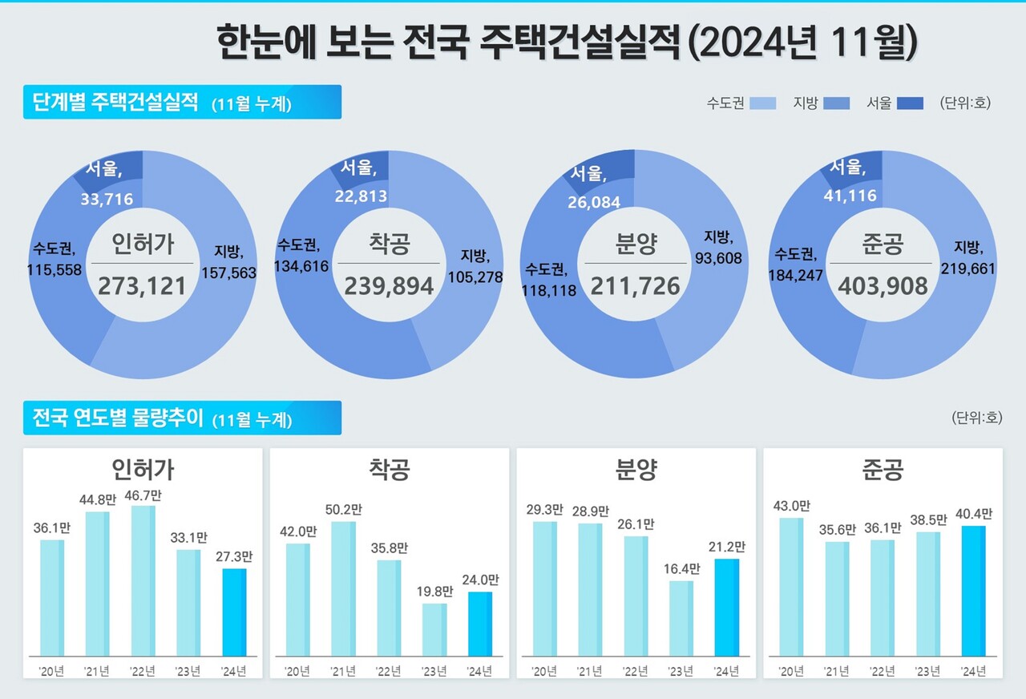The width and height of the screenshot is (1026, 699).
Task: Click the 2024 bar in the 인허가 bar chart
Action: point(234,612)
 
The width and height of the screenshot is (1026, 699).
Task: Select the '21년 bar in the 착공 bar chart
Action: point(343,589)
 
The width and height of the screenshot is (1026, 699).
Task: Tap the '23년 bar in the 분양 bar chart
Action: point(681,618)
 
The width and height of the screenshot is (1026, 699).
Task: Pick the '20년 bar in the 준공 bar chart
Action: point(790,587)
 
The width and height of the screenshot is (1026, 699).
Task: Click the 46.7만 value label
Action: point(143,497)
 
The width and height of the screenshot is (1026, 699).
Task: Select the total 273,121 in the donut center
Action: point(142,285)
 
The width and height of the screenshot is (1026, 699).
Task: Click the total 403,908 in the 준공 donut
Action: point(883,285)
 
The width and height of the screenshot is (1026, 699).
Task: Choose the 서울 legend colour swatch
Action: point(910,103)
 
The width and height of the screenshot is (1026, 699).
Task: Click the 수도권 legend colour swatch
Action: point(762,103)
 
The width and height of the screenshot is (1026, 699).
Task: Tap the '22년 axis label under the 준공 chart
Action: point(882,670)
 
